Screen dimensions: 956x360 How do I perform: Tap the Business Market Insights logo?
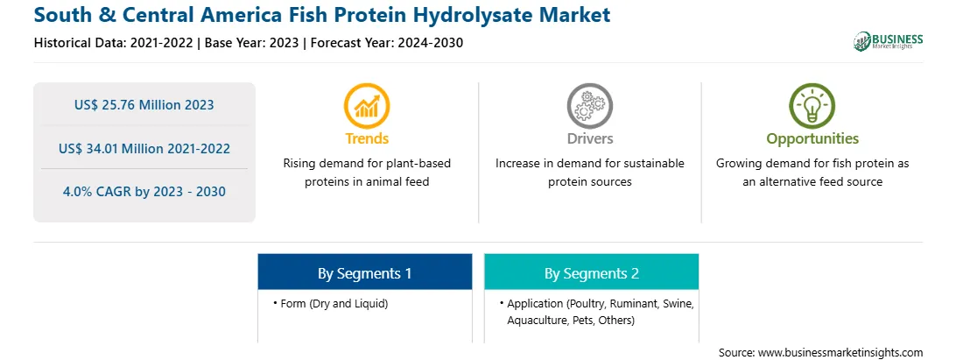point(888,41)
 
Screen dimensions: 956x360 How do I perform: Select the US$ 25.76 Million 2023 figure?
point(144,104)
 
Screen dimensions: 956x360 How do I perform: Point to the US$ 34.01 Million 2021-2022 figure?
point(144,148)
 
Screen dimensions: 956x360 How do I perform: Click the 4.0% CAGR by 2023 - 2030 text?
point(144,192)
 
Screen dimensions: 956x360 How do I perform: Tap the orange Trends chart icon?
point(367,106)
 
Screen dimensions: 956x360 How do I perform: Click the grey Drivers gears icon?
point(589,106)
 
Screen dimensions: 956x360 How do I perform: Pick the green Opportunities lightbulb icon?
point(812,106)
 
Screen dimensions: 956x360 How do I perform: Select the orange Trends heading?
point(367,138)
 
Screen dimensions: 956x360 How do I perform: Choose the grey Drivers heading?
point(589,138)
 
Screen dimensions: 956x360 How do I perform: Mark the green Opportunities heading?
point(812,139)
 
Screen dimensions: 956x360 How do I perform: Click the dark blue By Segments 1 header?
point(364,272)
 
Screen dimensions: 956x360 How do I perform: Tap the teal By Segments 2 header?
point(592,272)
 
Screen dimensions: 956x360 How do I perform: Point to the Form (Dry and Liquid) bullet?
point(331,303)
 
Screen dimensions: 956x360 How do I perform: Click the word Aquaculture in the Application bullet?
point(534,320)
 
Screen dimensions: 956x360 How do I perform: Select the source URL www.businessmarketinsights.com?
point(840,352)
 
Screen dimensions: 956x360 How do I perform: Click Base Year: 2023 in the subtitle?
point(252,43)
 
